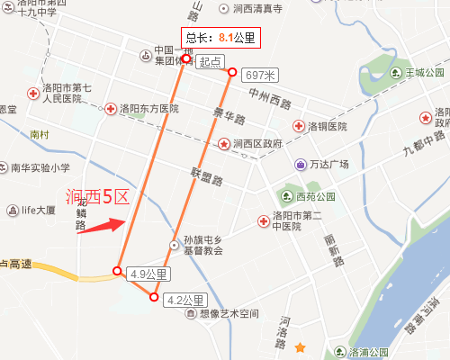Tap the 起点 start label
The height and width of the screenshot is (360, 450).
(x=211, y=62)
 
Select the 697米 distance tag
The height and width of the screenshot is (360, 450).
(x=261, y=74)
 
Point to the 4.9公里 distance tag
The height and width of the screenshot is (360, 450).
(x=148, y=274)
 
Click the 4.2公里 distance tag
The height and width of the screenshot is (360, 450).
(x=185, y=300)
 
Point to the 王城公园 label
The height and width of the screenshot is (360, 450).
(x=425, y=72)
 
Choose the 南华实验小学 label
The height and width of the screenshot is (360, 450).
(x=40, y=167)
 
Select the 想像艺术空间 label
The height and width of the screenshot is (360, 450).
(x=228, y=314)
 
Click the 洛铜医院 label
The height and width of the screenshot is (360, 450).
(x=328, y=126)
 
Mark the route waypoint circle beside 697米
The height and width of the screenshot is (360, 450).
(x=232, y=73)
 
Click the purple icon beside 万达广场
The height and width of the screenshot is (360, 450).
(x=299, y=165)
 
